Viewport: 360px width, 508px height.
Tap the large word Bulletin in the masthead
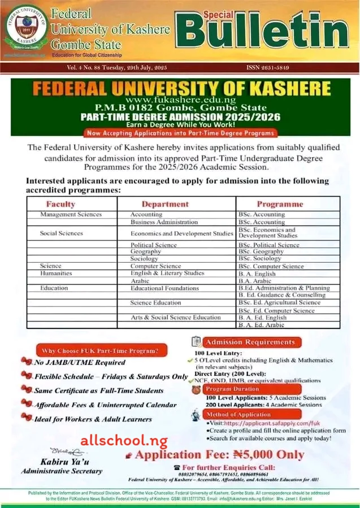coord(266,32)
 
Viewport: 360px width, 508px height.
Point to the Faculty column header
coord(60,204)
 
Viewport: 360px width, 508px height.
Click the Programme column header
coord(280,204)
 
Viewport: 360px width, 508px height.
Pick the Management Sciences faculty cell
coord(71,215)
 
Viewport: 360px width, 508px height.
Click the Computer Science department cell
coord(155,266)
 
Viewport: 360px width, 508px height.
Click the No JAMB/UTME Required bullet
coord(79,362)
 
